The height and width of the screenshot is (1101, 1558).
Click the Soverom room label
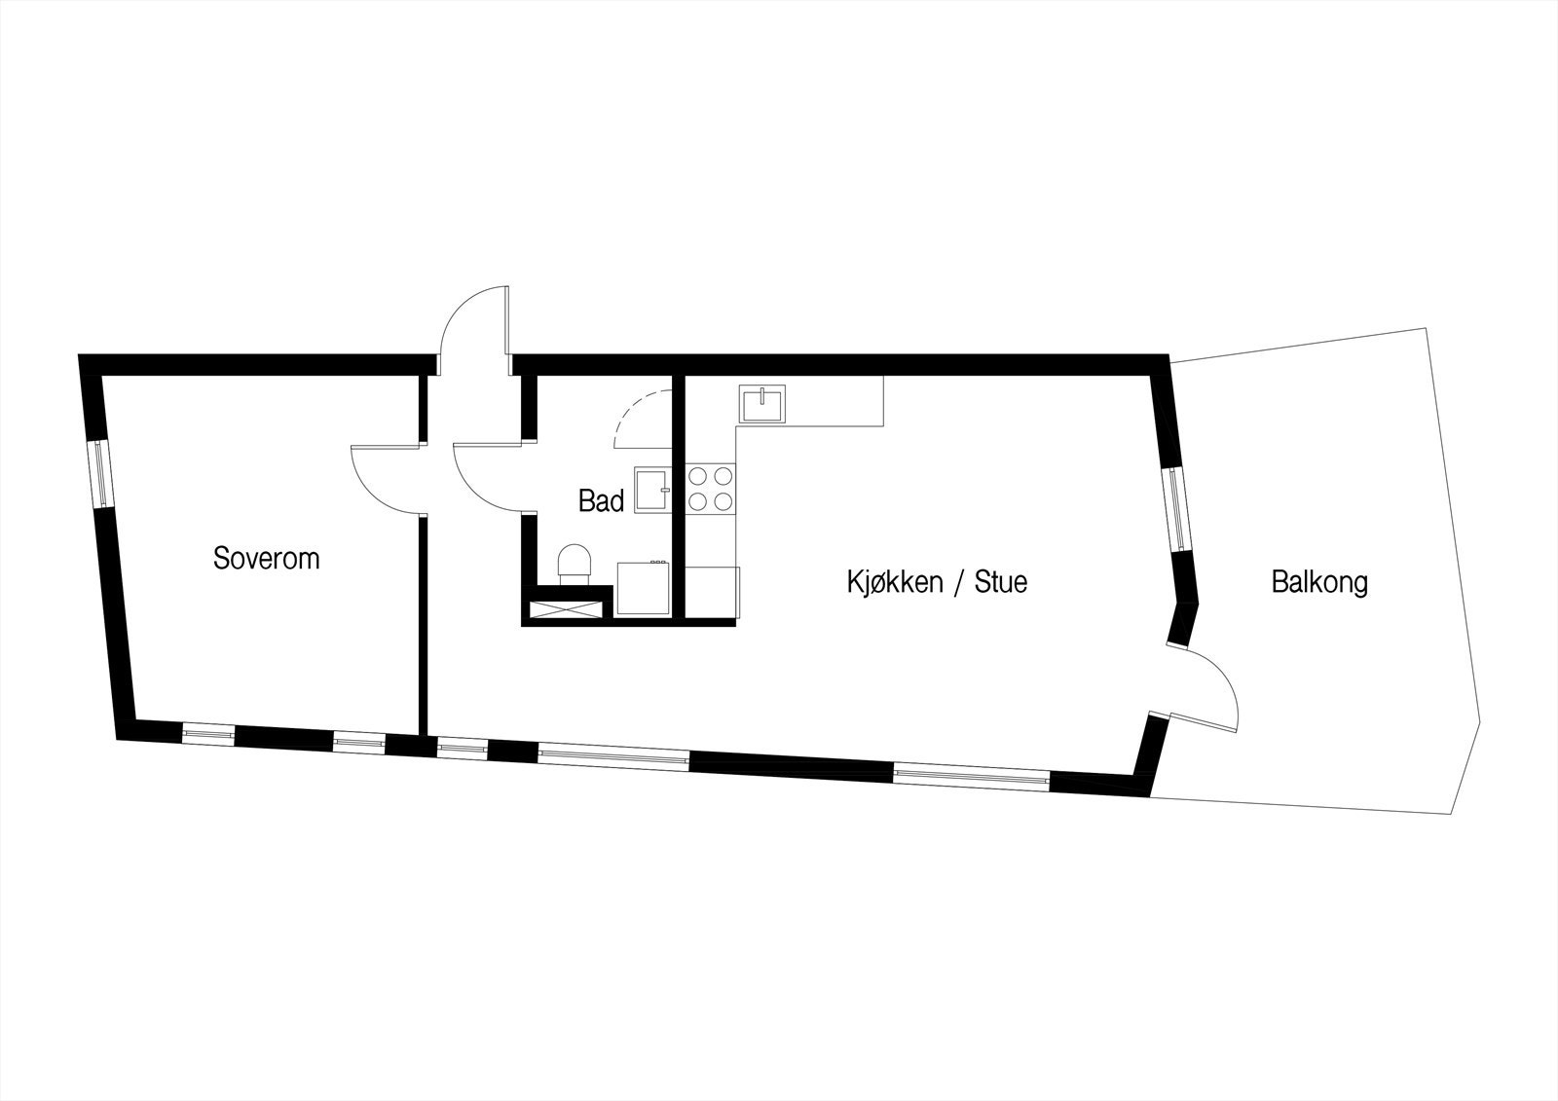(266, 559)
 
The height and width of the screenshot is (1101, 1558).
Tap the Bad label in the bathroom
(601, 501)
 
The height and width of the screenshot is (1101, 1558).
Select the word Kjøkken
(894, 583)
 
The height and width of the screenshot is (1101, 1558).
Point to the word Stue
(1001, 583)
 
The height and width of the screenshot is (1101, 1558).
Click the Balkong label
(1319, 582)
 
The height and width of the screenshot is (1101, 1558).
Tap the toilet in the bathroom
(575, 564)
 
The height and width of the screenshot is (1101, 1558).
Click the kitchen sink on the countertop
(764, 404)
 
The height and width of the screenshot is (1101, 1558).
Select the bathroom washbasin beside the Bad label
(651, 489)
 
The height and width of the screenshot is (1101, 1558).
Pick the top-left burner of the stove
(698, 476)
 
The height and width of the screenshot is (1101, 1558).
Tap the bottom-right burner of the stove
(723, 501)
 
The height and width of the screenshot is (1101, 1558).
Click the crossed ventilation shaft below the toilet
(566, 610)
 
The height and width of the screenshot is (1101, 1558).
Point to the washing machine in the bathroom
(642, 588)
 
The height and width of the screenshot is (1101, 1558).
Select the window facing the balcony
(1178, 509)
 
